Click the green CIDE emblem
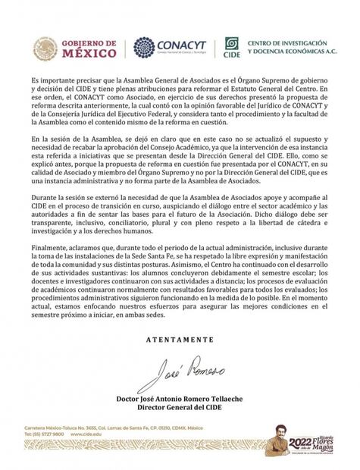coord(232,48)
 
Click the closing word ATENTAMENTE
coord(180,340)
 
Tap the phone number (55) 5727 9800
coord(53,434)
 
